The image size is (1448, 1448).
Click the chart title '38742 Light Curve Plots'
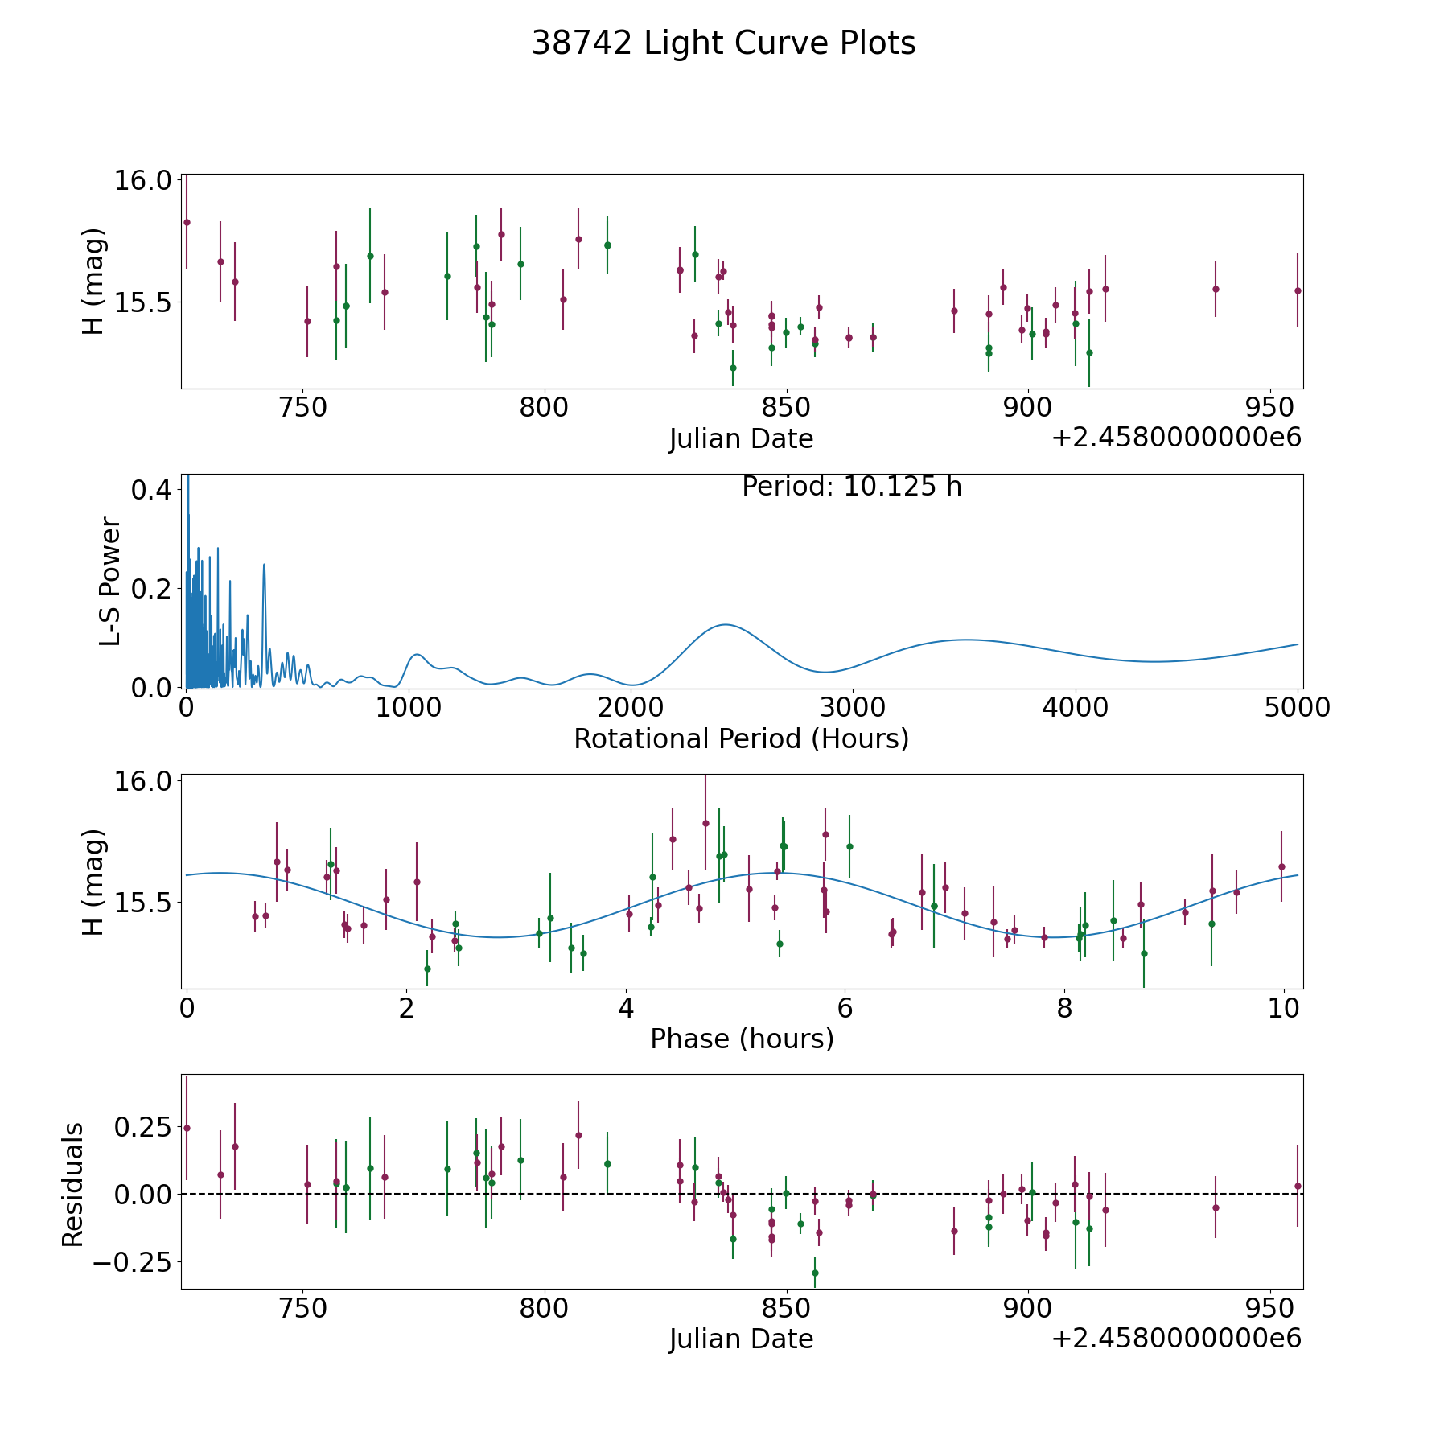coord(723,43)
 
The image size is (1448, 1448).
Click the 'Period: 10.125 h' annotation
coord(851,487)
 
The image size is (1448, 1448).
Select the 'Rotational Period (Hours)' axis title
coord(741,738)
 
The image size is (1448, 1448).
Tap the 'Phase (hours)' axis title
coord(742,1039)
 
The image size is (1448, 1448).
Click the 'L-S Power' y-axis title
coord(110,582)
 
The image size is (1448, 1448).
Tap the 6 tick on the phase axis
coord(845,1009)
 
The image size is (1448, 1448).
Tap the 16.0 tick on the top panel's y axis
coord(142,180)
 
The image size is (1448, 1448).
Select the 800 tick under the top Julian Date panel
coord(544,408)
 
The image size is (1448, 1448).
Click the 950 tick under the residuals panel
coord(1269,1308)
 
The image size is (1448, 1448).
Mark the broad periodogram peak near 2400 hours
coord(726,624)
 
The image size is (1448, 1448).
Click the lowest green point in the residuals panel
coord(815,1273)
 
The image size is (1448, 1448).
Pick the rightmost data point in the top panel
coord(1298,290)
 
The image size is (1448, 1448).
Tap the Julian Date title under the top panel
coord(741,439)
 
